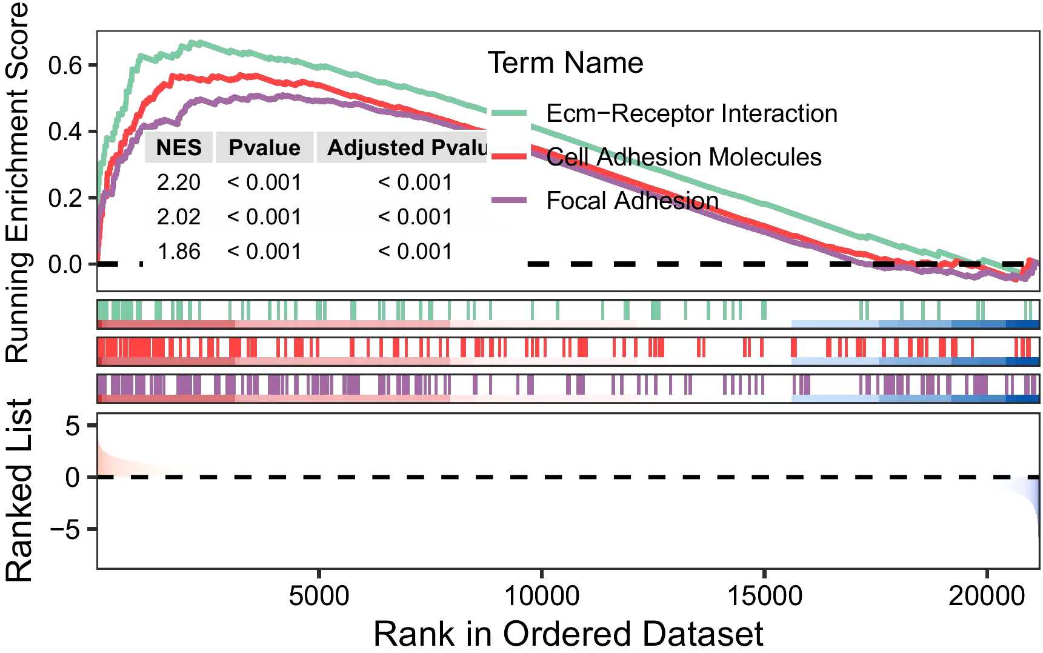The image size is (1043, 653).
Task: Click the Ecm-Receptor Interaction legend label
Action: [691, 113]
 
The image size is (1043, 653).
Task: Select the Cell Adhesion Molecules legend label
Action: [684, 157]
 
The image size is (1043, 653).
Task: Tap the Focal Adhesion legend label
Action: [632, 201]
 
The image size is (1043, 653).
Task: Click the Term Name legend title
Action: [565, 63]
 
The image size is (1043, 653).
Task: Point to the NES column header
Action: [179, 148]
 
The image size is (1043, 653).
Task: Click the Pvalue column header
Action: [264, 148]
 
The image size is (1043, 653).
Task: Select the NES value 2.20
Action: [179, 183]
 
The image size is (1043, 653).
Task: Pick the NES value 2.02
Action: [179, 217]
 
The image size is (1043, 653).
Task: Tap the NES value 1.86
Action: [179, 252]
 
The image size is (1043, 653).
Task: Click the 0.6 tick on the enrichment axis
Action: [65, 65]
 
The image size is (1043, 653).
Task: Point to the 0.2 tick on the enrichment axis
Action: [65, 198]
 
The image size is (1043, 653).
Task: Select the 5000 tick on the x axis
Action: [319, 596]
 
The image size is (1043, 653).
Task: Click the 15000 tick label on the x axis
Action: [764, 596]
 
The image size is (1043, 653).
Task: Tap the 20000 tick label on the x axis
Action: [986, 596]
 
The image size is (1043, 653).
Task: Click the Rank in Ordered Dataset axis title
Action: [568, 634]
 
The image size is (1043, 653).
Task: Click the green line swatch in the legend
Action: [509, 113]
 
